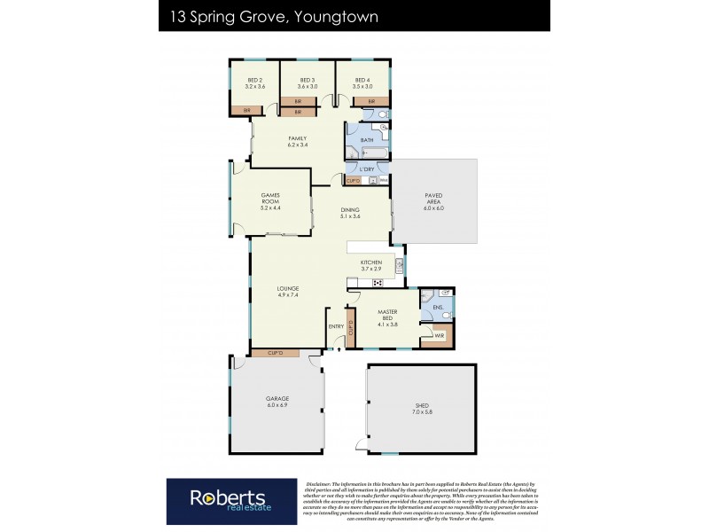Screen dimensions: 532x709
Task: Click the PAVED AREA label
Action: (434, 198)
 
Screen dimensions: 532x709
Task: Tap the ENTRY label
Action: (336, 326)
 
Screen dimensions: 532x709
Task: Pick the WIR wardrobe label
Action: (439, 335)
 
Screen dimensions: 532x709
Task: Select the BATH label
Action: (367, 141)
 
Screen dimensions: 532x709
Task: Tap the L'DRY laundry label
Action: (367, 169)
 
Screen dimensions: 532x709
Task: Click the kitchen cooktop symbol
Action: (377, 283)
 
